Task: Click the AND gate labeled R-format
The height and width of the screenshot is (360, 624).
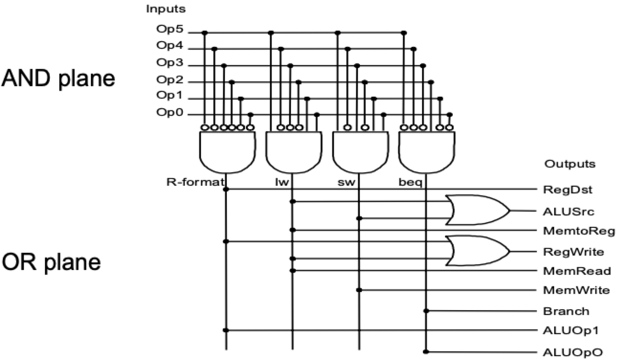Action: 225,152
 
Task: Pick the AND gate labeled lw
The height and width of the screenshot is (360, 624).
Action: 292,152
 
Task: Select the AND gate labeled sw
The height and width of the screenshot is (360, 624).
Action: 358,152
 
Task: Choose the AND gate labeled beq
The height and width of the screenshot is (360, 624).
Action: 425,152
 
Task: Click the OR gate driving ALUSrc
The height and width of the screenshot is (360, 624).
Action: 477,210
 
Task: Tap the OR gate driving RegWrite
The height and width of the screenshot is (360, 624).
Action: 477,250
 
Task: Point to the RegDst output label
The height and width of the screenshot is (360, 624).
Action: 568,190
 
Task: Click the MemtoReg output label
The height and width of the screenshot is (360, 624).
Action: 579,231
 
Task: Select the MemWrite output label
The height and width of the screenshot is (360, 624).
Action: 576,290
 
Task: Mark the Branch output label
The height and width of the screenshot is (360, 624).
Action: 566,311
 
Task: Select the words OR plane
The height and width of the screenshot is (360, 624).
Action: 52,262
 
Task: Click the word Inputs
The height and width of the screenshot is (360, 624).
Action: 166,9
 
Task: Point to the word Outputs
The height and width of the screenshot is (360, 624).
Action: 569,164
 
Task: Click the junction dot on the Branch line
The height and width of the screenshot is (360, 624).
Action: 426,311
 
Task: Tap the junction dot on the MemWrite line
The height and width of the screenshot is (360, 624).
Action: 359,290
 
